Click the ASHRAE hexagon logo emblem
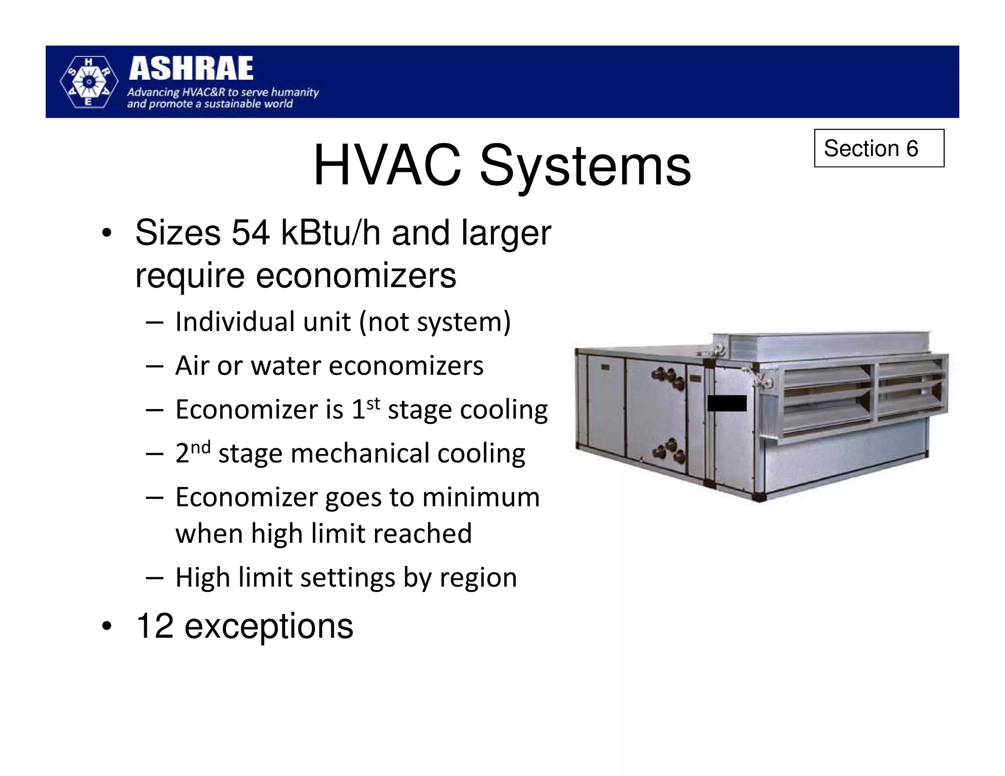(88, 82)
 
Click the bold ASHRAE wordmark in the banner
(191, 69)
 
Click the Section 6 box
(878, 148)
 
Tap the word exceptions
(268, 626)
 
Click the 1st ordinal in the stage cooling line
(366, 408)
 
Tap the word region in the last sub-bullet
(478, 578)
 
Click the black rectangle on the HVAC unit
(727, 403)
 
